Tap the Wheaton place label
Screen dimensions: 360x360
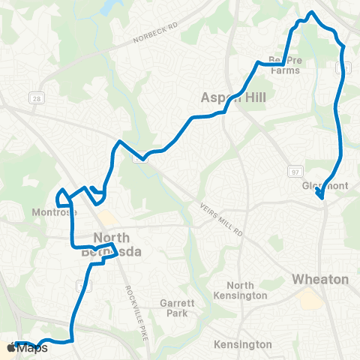(x=320, y=279)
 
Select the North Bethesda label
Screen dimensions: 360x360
(x=117, y=245)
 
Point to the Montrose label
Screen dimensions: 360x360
(x=54, y=213)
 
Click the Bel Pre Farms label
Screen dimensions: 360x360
(x=283, y=66)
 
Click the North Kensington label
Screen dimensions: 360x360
(x=246, y=290)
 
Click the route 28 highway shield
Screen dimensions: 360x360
(x=35, y=97)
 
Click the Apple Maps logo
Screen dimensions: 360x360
(x=28, y=348)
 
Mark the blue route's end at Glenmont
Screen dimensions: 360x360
(x=322, y=198)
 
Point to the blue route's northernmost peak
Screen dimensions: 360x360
(x=312, y=13)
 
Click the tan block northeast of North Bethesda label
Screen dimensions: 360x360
(x=108, y=219)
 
